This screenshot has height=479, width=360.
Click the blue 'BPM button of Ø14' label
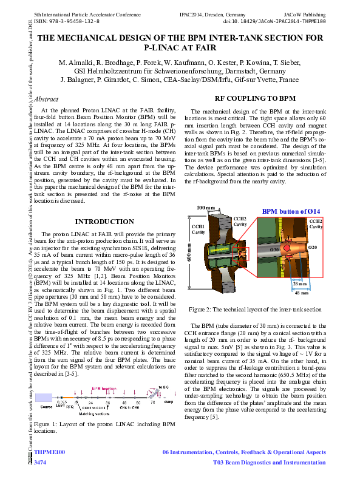[x=292, y=211]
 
